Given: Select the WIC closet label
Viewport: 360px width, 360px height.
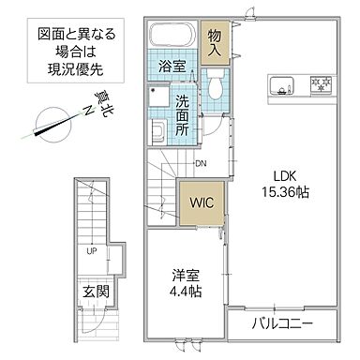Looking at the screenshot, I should coord(200,200).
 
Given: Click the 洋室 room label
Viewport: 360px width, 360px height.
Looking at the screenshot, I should coord(184,275).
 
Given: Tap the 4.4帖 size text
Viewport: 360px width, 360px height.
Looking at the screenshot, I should coord(184,291).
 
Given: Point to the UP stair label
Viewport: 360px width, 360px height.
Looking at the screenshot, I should coord(92,251).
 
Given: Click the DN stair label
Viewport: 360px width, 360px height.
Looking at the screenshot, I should coord(200,164).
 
